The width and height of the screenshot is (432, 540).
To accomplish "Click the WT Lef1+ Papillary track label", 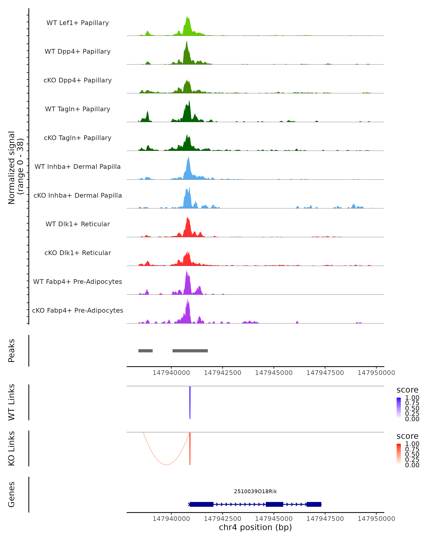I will coord(78,23).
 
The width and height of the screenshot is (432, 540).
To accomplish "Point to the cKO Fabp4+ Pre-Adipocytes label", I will coord(78,310).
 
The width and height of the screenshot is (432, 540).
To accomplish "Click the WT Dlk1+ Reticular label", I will coord(78,224).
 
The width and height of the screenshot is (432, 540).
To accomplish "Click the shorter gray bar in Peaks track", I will coord(145,351).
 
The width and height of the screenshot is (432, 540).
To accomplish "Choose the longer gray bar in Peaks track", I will coord(190,351).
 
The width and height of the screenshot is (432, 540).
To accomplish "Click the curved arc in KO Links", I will coord(166,465).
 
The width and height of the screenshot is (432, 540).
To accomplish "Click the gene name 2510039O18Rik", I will coord(255,491).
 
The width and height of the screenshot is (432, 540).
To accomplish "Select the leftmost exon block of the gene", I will coord(201,504).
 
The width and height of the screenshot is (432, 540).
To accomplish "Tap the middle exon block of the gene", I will coord(274,504).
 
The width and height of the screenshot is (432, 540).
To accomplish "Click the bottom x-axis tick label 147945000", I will coord(274,519).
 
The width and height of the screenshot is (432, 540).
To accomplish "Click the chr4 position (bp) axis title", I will coord(255,527).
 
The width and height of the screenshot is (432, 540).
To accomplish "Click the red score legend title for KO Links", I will coord(408,436).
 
